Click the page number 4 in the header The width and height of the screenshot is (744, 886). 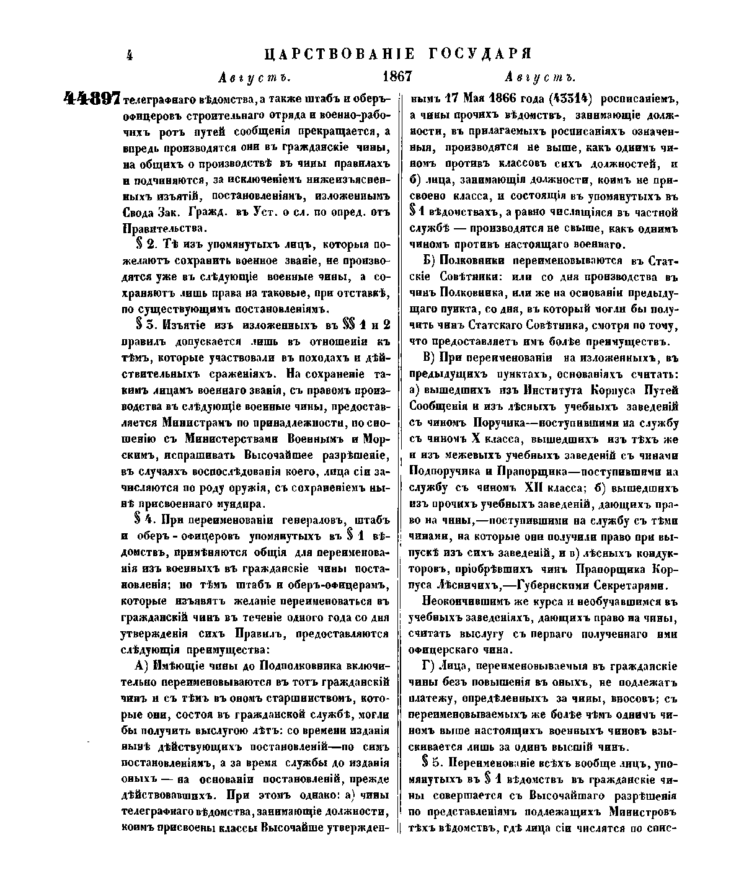(130, 55)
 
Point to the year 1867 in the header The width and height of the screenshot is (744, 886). (397, 77)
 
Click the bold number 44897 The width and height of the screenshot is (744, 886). (91, 99)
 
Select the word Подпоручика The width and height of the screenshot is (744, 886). (443, 470)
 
